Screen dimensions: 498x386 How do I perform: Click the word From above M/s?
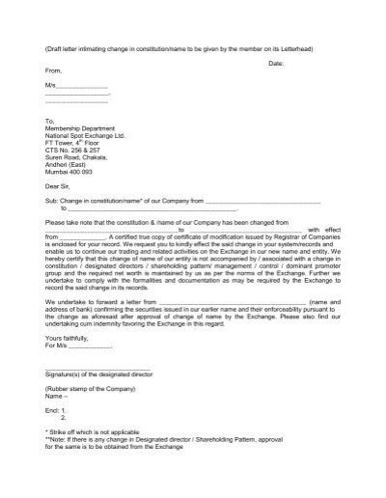pyautogui.click(x=54, y=71)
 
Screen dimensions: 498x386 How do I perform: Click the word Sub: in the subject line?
pyautogui.click(x=52, y=201)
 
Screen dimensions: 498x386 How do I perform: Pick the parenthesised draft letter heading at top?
pyautogui.click(x=193, y=46)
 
